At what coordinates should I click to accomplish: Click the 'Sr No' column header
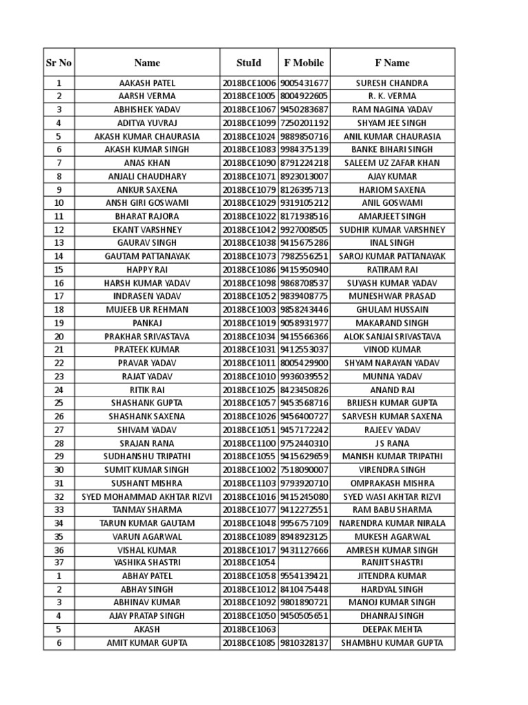pos(58,63)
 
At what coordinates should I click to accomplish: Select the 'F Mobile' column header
pos(304,63)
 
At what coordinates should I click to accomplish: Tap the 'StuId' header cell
pos(249,63)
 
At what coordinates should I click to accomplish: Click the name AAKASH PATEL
pos(147,83)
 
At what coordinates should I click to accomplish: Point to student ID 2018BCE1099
pos(249,123)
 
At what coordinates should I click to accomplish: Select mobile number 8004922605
pos(304,96)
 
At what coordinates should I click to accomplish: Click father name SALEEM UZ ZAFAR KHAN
pos(392,163)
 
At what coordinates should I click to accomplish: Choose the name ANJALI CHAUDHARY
pos(147,176)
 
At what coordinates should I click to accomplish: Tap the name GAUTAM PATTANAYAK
pos(147,256)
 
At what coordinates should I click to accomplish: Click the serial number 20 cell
pos(58,337)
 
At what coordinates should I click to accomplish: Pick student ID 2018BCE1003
pos(249,310)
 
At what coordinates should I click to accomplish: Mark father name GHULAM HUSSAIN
pos(392,310)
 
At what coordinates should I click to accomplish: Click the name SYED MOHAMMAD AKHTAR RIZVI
pos(147,496)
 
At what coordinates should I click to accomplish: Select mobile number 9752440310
pos(304,443)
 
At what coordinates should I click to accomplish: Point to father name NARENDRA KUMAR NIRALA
pos(392,523)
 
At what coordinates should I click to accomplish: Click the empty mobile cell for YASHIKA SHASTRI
pos(304,563)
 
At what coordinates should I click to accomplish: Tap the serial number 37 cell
pos(58,563)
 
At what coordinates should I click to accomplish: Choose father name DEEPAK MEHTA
pos(392,629)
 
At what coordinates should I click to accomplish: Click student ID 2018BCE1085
pos(249,643)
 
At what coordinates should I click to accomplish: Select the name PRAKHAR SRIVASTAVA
pos(147,337)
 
